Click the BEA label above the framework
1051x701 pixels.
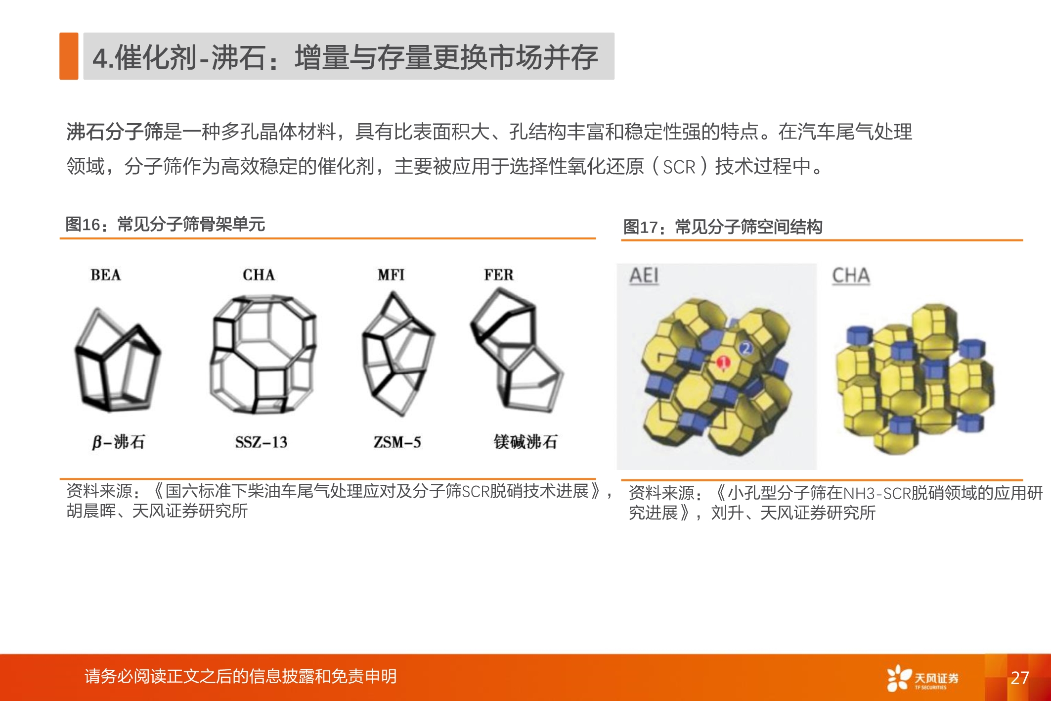click(105, 275)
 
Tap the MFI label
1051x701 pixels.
click(391, 275)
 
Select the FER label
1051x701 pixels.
click(498, 275)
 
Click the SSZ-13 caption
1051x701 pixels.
click(261, 442)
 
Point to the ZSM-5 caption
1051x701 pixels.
click(397, 442)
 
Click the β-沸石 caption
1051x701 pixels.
click(119, 442)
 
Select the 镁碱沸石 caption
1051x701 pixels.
click(525, 442)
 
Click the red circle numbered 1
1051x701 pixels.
click(723, 363)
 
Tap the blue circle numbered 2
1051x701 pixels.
click(746, 348)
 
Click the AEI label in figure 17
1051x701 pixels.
click(644, 276)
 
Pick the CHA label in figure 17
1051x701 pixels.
click(850, 276)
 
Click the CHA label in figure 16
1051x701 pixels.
click(259, 275)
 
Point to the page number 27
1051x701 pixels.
click(1020, 678)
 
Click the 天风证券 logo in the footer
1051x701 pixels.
click(922, 678)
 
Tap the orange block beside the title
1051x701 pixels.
click(69, 56)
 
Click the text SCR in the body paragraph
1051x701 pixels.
click(679, 167)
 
